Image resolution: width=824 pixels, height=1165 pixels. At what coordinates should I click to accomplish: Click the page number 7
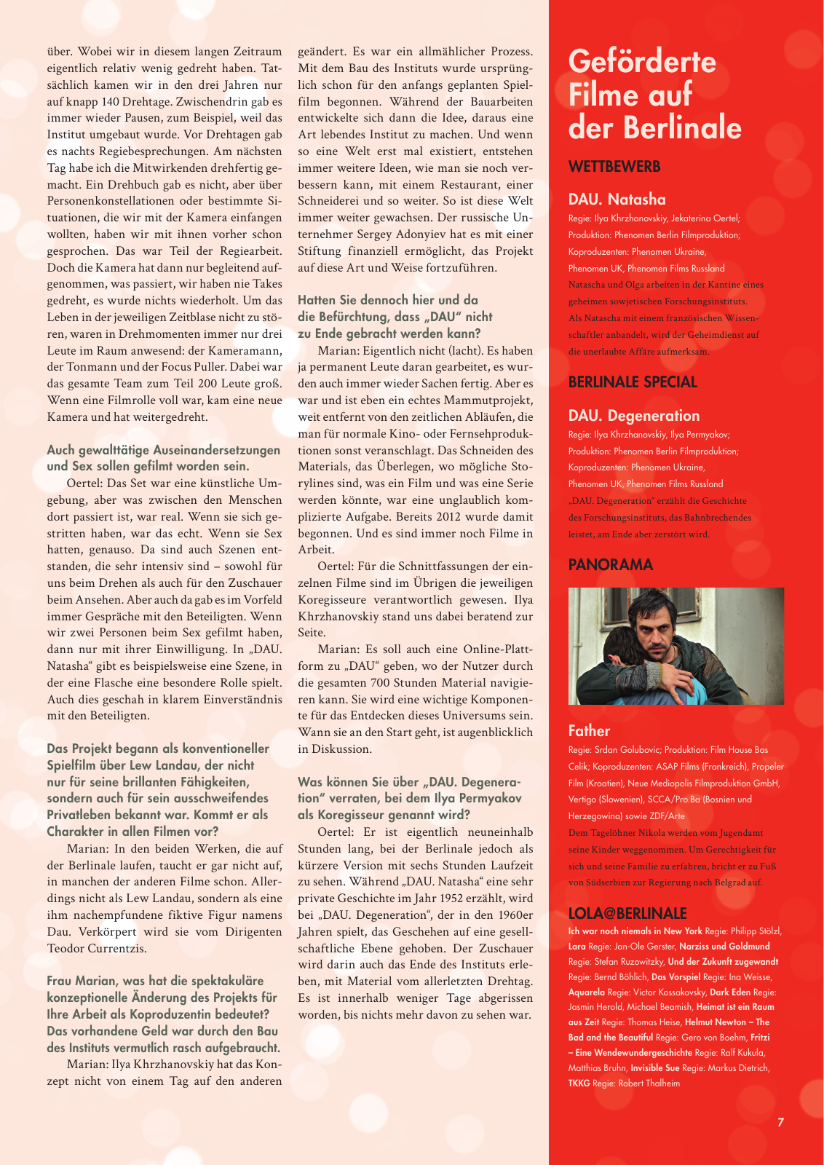[x=780, y=1122]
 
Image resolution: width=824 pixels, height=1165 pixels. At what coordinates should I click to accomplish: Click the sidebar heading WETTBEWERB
[x=614, y=167]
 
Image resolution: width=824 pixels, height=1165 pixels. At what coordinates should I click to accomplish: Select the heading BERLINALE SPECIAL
[x=632, y=382]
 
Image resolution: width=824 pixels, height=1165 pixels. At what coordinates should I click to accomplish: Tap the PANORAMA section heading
[x=610, y=565]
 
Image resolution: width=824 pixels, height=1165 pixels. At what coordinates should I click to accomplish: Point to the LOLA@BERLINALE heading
[x=627, y=914]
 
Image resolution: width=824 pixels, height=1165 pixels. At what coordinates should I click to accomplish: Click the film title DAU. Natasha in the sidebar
[x=617, y=200]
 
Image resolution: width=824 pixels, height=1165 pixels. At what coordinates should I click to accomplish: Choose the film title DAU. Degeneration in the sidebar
[x=633, y=416]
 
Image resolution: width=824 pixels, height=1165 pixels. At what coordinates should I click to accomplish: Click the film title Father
[x=589, y=731]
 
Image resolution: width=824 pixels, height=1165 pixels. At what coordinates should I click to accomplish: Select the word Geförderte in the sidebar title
[x=642, y=61]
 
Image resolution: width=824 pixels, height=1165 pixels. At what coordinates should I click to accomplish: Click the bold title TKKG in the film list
[x=579, y=1083]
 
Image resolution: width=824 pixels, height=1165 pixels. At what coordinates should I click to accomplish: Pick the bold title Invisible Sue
[x=654, y=1068]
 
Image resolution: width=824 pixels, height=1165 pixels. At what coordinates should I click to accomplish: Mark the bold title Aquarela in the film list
[x=586, y=992]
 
